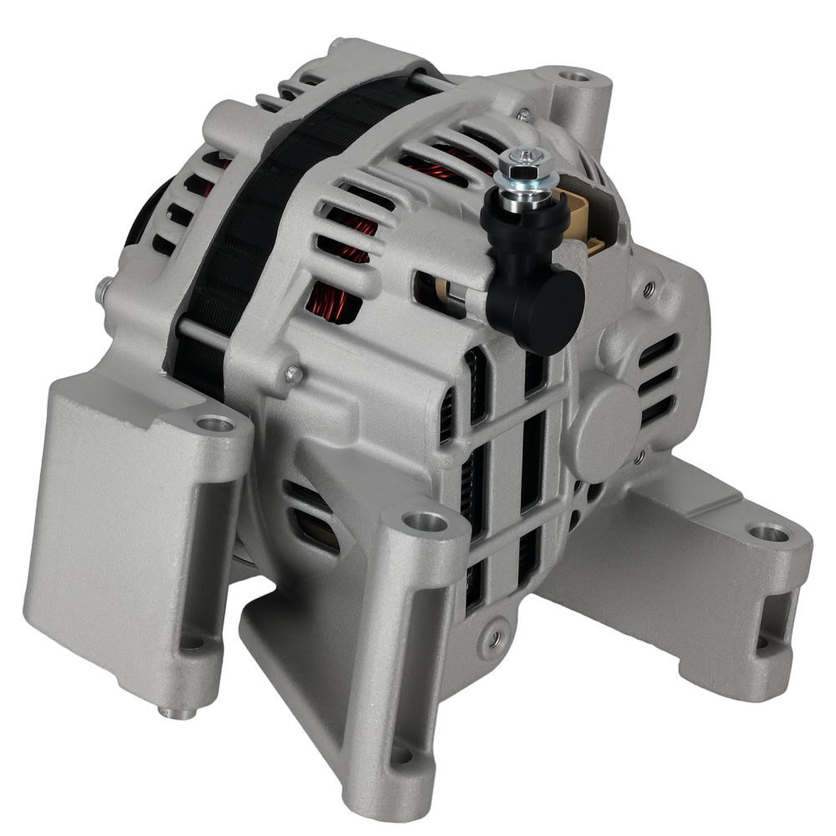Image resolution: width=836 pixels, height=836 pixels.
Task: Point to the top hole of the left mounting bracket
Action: [x=217, y=425]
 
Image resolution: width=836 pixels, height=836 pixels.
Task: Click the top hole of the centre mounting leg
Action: [x=426, y=523]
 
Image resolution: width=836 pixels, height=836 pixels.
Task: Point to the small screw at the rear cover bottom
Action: [x=495, y=638]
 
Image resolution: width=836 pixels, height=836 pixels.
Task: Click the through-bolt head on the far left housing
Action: [x=101, y=289]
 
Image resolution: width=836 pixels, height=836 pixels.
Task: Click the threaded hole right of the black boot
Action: [x=649, y=288]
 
